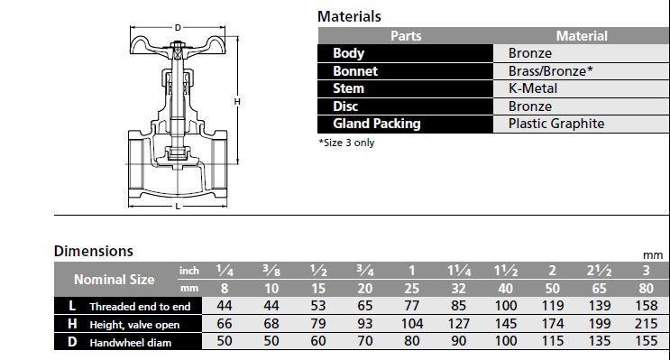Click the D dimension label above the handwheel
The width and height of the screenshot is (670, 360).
pyautogui.click(x=178, y=28)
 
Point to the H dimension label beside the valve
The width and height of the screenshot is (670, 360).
pyautogui.click(x=237, y=101)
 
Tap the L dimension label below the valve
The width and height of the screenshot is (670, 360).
pyautogui.click(x=178, y=207)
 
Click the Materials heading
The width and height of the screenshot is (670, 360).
pyautogui.click(x=349, y=16)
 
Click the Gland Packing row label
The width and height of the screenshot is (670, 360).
pyautogui.click(x=377, y=124)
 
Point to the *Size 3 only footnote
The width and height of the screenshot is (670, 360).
pyautogui.click(x=346, y=143)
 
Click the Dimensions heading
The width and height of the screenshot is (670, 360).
pyautogui.click(x=94, y=251)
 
